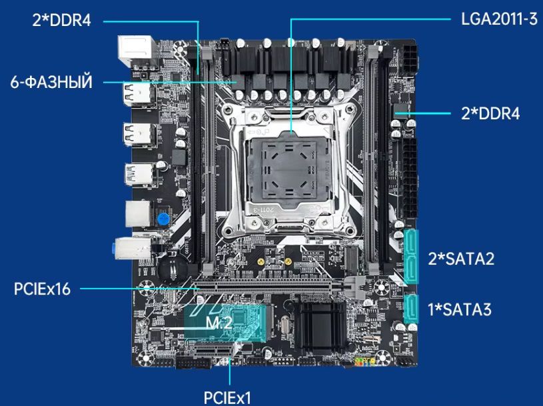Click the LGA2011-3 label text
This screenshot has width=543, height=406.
(x=498, y=18)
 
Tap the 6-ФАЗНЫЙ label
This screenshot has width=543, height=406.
(x=51, y=83)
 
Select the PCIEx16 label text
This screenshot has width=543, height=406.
(x=42, y=289)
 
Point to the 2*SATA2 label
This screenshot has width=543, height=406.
(x=461, y=259)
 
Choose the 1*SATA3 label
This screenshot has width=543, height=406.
(x=459, y=309)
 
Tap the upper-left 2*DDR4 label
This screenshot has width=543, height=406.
(x=61, y=20)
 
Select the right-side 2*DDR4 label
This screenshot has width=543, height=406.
(x=490, y=113)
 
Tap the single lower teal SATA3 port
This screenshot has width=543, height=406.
(x=411, y=309)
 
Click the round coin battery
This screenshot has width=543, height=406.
(x=171, y=266)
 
